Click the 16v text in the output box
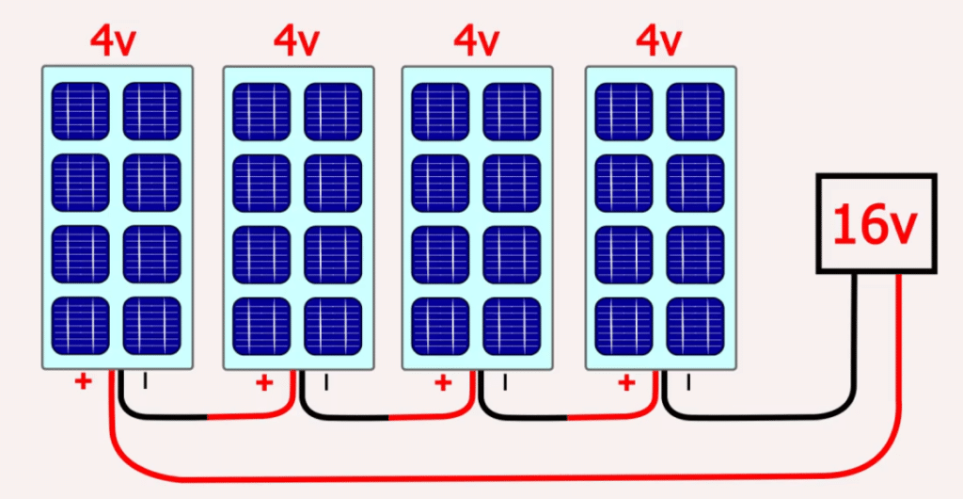pyautogui.click(x=874, y=225)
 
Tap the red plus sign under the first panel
pyautogui.click(x=84, y=382)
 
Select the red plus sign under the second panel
pyautogui.click(x=264, y=382)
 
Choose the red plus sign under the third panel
pyautogui.click(x=442, y=382)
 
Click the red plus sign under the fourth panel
pyautogui.click(x=626, y=382)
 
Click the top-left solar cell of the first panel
pyautogui.click(x=80, y=111)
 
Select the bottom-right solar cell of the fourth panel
pyautogui.click(x=695, y=326)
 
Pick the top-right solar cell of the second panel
pyautogui.click(x=333, y=111)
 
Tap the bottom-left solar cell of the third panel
pyautogui.click(x=440, y=326)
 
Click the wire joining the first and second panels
pyautogui.click(x=207, y=416)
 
